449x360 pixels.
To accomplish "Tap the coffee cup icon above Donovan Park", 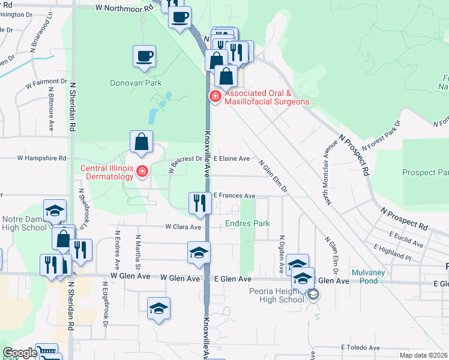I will coord(144,57).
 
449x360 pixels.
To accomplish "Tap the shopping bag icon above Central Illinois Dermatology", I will coord(141,142).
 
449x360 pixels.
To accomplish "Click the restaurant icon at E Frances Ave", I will coord(198,203).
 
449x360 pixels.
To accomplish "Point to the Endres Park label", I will coord(248,223).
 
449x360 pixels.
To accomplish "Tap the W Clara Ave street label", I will coord(184,227).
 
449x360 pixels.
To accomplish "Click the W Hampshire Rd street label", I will coord(41,158).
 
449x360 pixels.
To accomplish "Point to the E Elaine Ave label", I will coord(232,158).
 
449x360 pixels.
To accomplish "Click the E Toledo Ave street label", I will coord(361,347).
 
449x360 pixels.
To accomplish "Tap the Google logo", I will coord(20,353).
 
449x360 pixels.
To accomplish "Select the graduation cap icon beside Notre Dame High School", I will coord(55,211).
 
